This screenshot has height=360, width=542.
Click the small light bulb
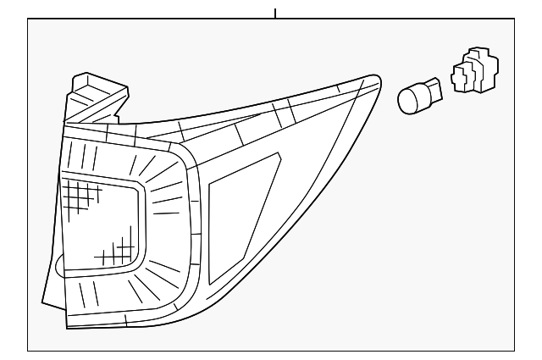click(419, 95)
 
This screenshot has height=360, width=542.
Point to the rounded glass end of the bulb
click(407, 100)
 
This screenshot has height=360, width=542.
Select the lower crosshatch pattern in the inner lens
click(116, 252)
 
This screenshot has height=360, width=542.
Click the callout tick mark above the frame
click(275, 13)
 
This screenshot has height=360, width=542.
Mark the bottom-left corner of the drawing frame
click(28, 350)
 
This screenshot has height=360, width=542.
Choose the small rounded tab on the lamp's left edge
click(58, 268)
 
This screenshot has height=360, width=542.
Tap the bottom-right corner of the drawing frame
click(514, 350)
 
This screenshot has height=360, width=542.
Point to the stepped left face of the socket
click(456, 78)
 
